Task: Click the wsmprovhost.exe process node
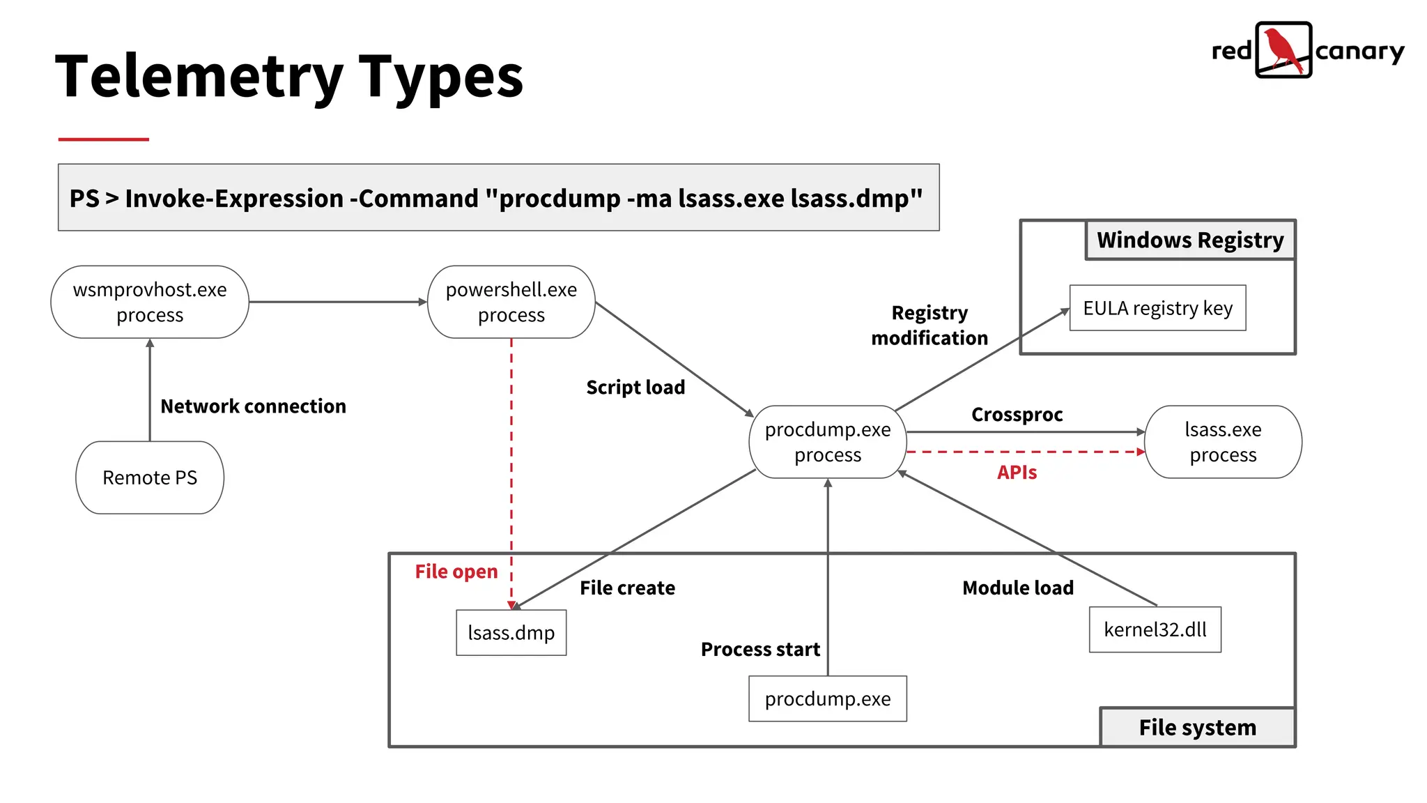click(150, 302)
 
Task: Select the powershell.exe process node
click(511, 302)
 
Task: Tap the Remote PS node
click(150, 477)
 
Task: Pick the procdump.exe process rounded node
click(828, 442)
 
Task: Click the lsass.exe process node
click(1223, 442)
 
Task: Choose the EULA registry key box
click(1157, 308)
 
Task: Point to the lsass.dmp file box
click(511, 633)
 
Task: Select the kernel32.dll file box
click(1155, 629)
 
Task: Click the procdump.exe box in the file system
click(828, 698)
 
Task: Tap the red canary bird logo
click(1283, 49)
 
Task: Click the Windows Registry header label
click(1190, 240)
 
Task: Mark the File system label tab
click(1197, 728)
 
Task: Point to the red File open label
click(456, 572)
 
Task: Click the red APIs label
click(1017, 473)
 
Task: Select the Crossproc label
click(1017, 415)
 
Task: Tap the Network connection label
click(253, 406)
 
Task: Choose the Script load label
click(635, 388)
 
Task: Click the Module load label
click(1017, 588)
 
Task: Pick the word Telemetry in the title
click(199, 77)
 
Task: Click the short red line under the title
click(103, 139)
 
